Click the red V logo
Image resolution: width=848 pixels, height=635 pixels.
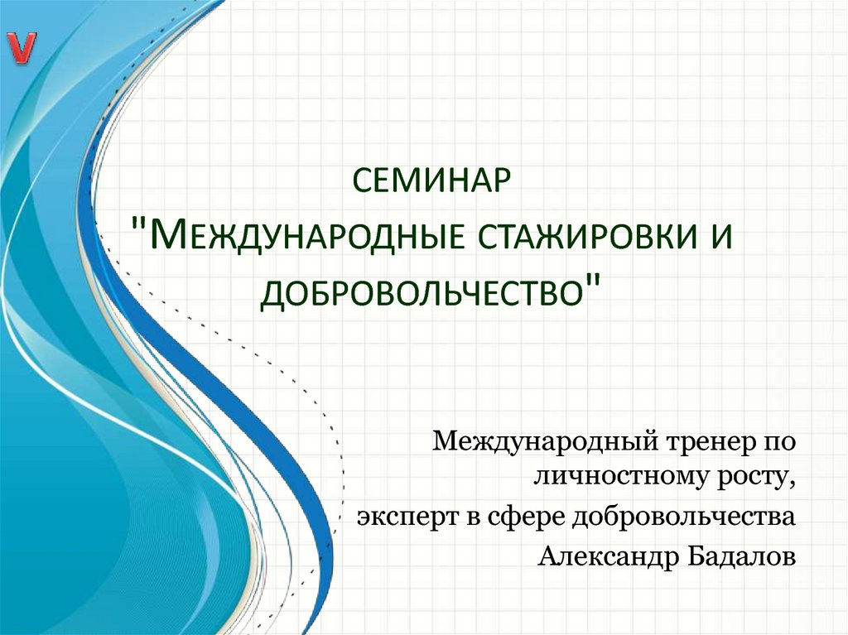pos(22,49)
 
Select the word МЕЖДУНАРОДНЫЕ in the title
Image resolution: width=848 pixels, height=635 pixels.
pos(306,238)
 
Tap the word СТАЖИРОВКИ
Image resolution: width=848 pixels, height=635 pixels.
pos(587,238)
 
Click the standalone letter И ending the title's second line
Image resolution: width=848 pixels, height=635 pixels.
pos(721,238)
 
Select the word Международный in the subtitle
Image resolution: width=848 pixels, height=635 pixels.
pos(547,443)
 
